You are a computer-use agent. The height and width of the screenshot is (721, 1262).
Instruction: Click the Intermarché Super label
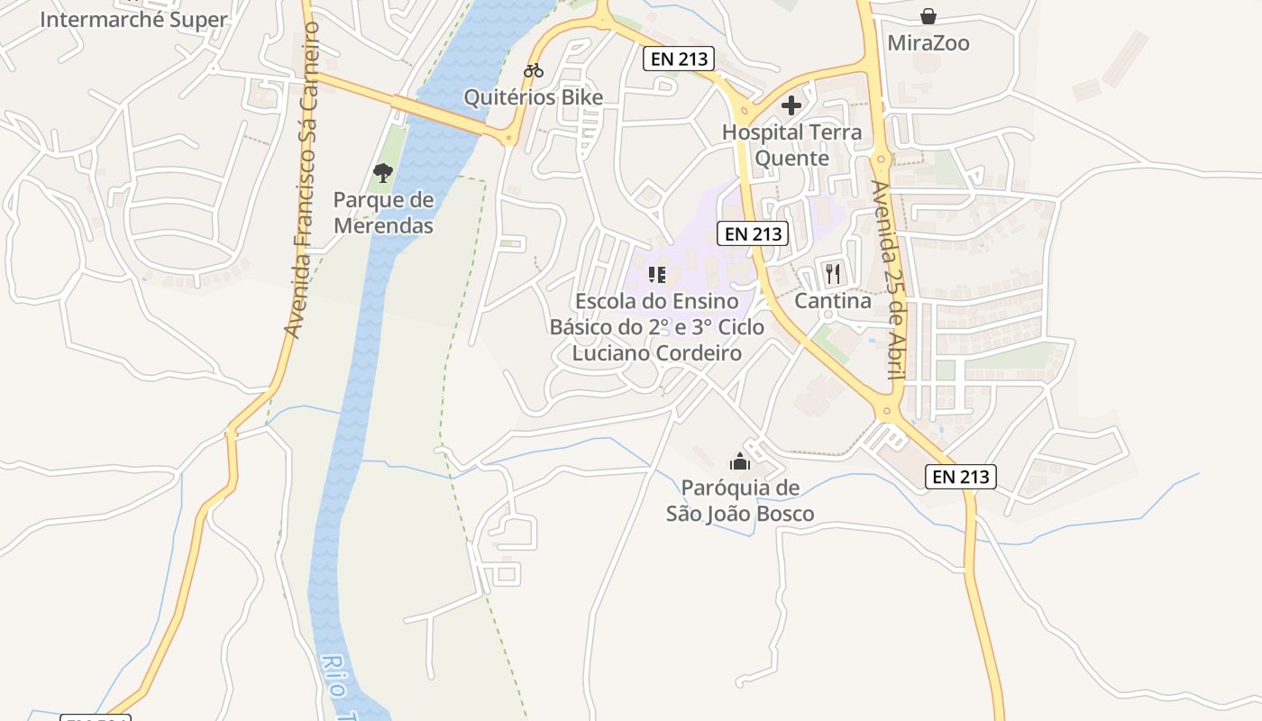click(x=133, y=20)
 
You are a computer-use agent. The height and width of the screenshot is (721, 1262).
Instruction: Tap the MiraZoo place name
click(x=928, y=43)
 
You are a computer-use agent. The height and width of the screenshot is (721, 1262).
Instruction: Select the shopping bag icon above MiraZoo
click(x=928, y=16)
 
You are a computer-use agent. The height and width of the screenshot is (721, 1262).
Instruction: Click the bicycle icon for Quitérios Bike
click(x=534, y=70)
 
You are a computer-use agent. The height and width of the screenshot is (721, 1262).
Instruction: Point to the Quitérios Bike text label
click(x=534, y=97)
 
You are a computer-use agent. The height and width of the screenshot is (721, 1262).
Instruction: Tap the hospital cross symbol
click(x=791, y=105)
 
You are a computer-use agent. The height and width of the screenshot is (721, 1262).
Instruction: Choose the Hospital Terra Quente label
click(x=791, y=145)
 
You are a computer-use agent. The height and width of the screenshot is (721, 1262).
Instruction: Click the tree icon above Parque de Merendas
click(x=383, y=172)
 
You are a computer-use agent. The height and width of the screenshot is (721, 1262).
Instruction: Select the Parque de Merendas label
click(x=383, y=213)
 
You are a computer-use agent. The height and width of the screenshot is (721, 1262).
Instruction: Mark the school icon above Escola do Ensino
click(x=657, y=274)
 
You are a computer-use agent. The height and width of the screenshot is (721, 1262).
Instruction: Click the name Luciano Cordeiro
click(x=657, y=352)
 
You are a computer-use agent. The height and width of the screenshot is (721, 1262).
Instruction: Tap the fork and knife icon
click(x=833, y=274)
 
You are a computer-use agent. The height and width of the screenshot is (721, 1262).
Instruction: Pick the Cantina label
click(x=833, y=301)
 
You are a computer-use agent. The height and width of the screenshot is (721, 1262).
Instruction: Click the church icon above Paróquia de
click(x=740, y=461)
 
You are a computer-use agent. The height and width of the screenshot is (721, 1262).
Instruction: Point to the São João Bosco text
click(x=740, y=514)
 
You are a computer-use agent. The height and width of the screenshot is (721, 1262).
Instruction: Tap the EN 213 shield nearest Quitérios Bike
click(x=679, y=59)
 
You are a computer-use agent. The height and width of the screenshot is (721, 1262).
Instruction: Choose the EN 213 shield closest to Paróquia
click(x=961, y=477)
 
